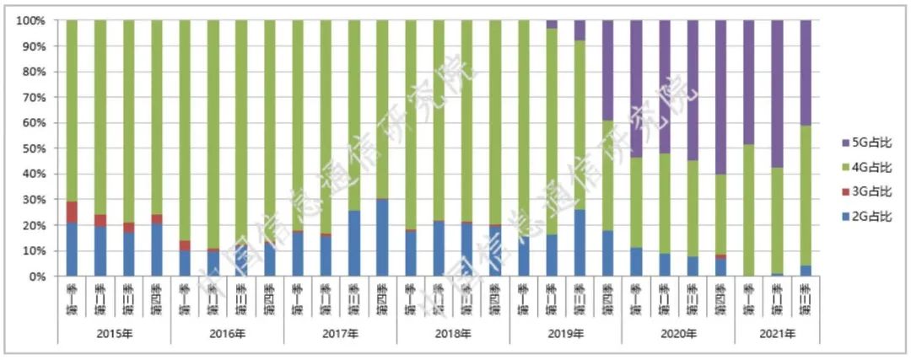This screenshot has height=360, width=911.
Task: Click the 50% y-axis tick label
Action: tap(34, 148)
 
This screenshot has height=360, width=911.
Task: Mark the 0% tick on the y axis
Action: tap(37, 277)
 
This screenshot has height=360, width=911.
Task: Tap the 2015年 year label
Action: tap(115, 335)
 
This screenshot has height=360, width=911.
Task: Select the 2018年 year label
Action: tap(453, 335)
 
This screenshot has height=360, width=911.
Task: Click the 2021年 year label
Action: tap(777, 335)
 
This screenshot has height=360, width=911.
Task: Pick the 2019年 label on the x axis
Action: tap(565, 335)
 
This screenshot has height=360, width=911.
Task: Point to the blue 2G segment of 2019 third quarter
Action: tap(579, 243)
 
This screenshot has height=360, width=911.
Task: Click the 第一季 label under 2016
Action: tap(185, 297)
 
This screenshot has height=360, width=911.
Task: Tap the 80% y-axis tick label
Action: tap(34, 72)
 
